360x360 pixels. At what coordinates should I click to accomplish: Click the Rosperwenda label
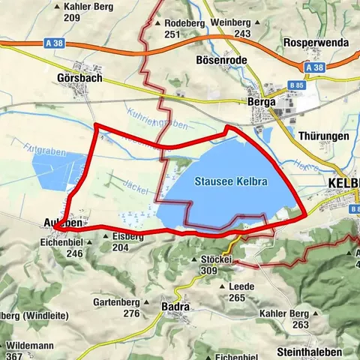pos(316,43)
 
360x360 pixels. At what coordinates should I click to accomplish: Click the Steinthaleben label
pos(310,352)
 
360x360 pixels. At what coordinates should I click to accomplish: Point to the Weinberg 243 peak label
pos(230,28)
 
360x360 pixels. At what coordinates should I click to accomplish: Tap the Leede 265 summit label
pos(237,292)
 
